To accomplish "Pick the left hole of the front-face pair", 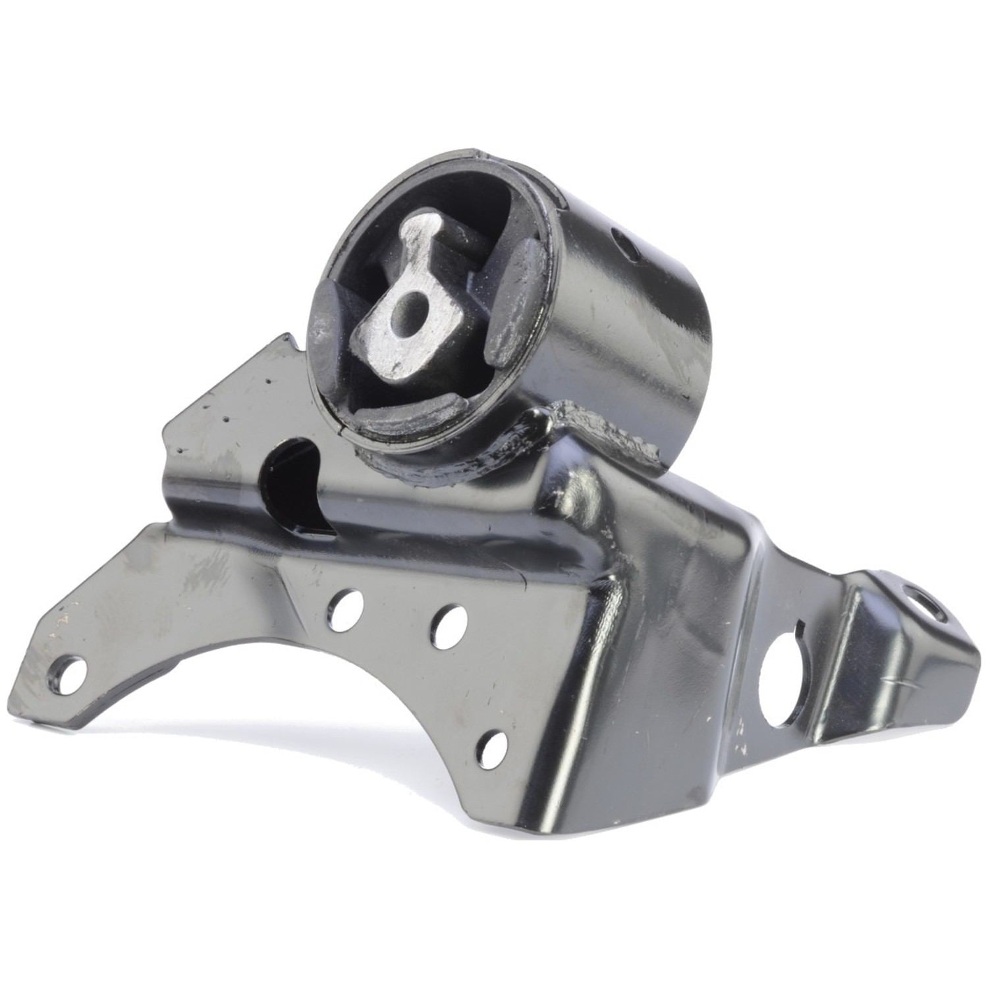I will pos(344,609).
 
